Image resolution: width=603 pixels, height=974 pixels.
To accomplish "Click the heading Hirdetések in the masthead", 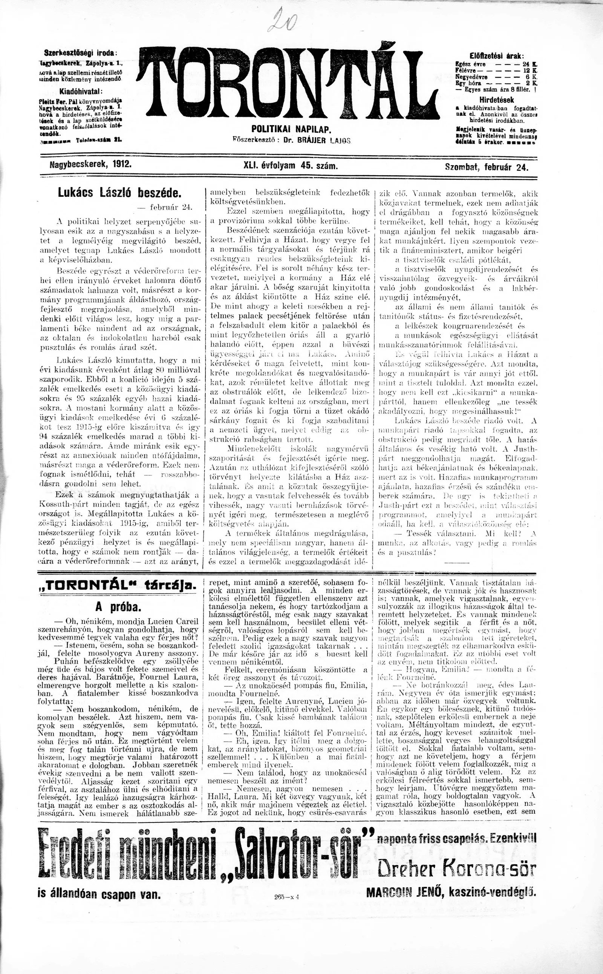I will point(496,100).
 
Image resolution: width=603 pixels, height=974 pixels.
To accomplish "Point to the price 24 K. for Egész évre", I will point(530,64).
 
